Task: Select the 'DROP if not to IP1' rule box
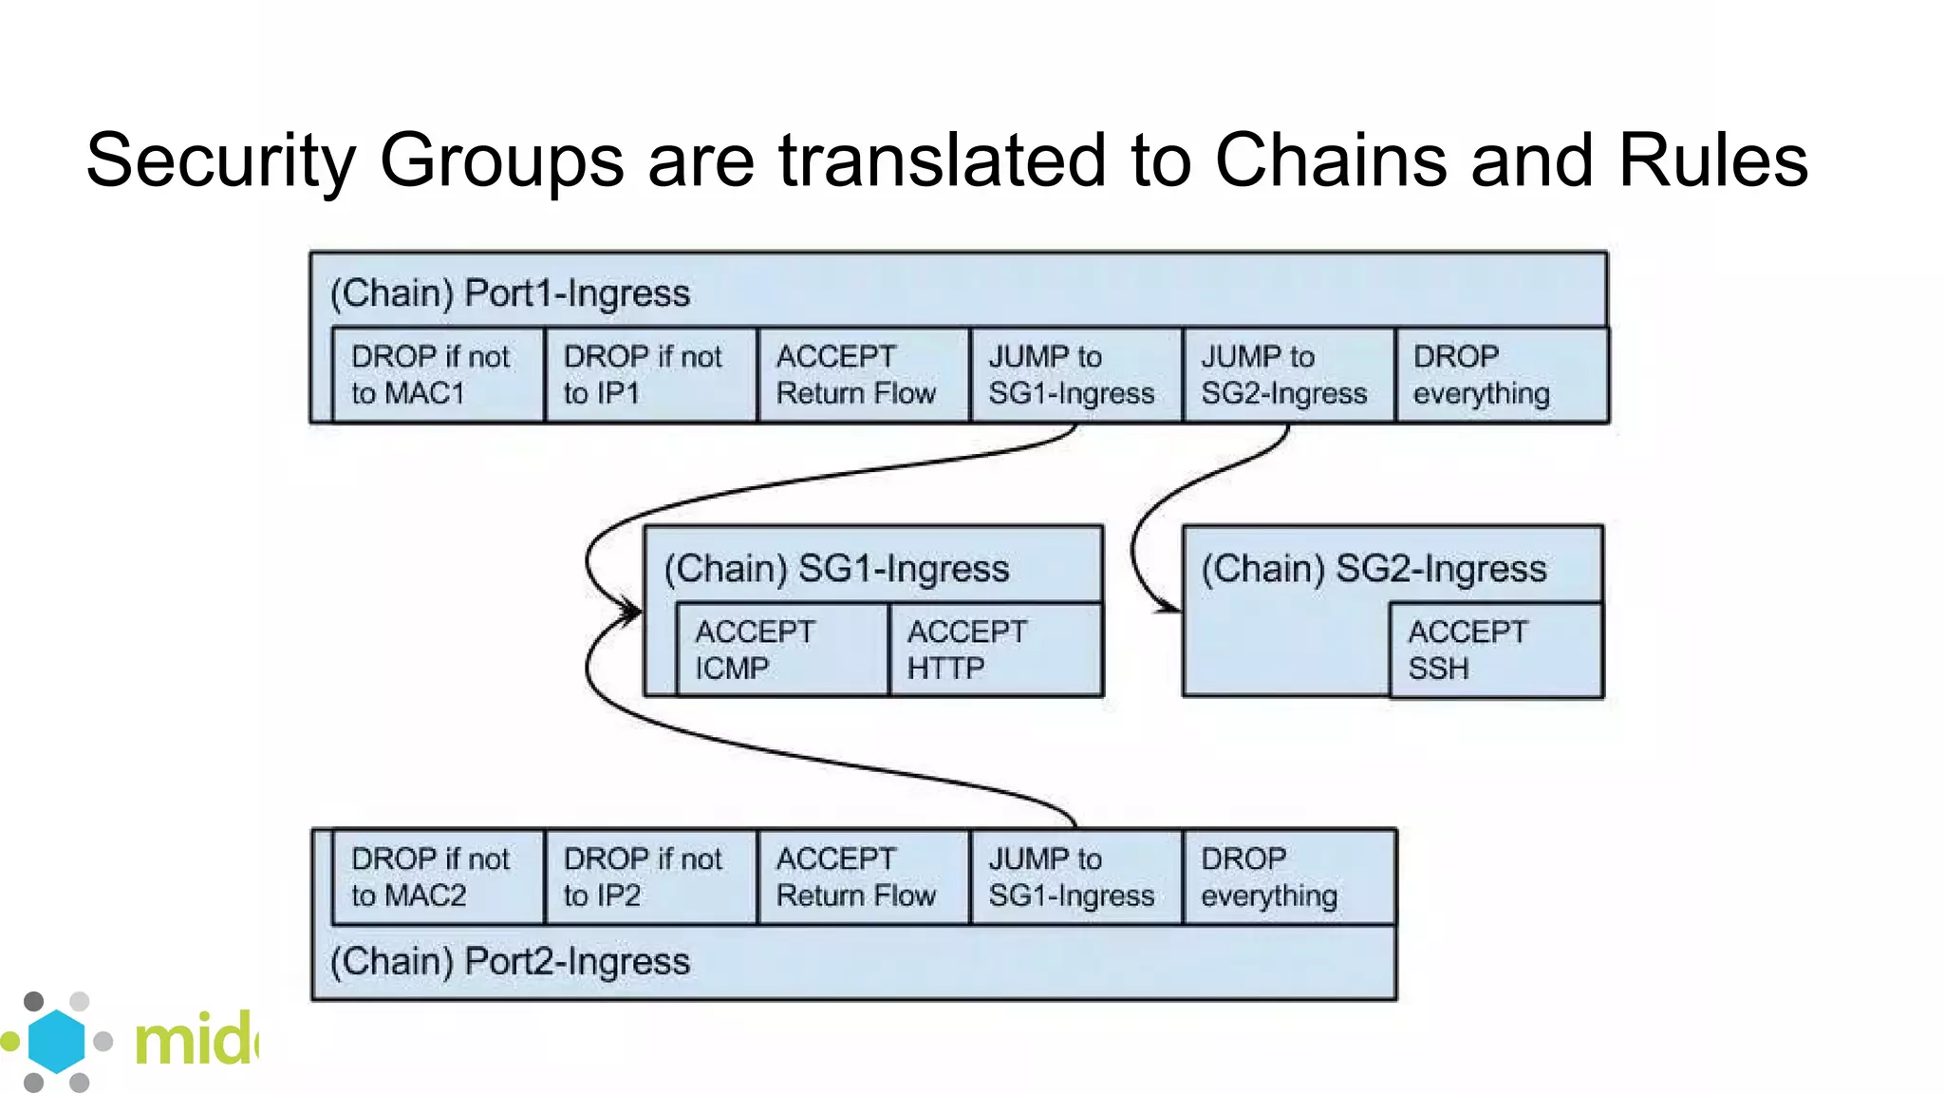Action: [651, 375]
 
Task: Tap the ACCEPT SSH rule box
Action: [1496, 651]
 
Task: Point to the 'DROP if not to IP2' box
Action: [651, 877]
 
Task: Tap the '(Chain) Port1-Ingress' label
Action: [510, 293]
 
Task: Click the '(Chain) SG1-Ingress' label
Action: [836, 569]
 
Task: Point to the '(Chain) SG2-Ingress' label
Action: [1374, 569]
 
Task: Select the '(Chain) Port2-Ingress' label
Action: [510, 962]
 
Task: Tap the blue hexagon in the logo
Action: [56, 1041]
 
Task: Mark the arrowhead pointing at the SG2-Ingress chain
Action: [1171, 608]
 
